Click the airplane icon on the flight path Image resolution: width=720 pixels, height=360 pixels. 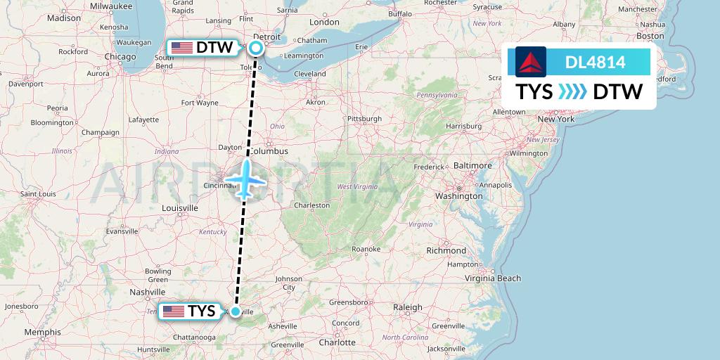tap(246, 179)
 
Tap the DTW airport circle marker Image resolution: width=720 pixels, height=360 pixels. tap(255, 48)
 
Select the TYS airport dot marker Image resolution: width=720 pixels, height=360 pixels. tap(236, 311)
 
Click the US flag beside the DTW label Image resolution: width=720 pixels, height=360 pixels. tap(182, 48)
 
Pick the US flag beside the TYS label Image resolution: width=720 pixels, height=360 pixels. tap(172, 311)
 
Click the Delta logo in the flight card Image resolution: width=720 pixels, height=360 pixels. tap(527, 63)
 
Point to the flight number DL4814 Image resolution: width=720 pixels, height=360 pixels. tap(595, 63)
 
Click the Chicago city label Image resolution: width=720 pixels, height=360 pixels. tap(120, 56)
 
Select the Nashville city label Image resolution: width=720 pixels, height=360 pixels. tap(148, 292)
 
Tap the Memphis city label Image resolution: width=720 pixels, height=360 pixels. tap(42, 332)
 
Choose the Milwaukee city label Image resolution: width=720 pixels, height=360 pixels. tap(111, 6)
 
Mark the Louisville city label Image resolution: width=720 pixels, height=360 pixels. tap(179, 208)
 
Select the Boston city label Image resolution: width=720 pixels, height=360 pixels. tap(650, 36)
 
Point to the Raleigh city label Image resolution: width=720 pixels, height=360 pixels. tap(407, 307)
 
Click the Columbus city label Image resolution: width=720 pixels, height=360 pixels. tap(270, 151)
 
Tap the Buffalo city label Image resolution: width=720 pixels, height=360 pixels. tap(400, 13)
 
